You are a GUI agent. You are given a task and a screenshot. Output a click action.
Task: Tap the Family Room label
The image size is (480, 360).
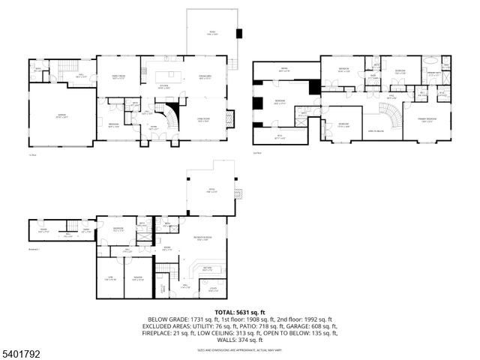coord(118,76)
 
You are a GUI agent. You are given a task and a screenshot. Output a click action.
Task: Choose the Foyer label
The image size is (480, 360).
coord(154,128)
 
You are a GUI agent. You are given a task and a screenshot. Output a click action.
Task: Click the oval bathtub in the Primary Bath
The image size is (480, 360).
coord(434,63)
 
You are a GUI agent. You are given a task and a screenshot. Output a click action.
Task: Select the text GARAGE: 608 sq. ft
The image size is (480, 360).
coord(313,326)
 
